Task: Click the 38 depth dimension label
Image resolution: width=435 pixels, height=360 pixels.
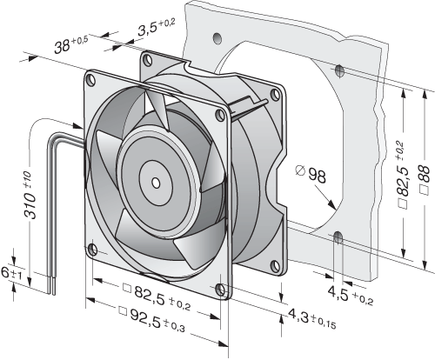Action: click(x=70, y=44)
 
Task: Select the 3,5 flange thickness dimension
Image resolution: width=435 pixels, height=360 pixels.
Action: click(x=156, y=27)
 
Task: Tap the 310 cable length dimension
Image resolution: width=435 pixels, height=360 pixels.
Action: click(x=30, y=196)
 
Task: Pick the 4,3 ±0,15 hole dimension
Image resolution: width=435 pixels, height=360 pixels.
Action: click(x=311, y=318)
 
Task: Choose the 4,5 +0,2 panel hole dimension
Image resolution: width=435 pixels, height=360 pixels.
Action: click(x=350, y=295)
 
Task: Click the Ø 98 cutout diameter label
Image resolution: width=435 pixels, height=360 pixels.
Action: click(x=311, y=174)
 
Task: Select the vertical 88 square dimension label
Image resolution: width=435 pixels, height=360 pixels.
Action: click(x=425, y=180)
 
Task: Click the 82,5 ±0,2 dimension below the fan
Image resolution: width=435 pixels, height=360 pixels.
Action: click(x=157, y=297)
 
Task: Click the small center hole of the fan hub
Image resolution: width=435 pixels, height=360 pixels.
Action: click(x=156, y=183)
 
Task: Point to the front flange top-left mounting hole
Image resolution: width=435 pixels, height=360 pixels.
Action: click(x=91, y=80)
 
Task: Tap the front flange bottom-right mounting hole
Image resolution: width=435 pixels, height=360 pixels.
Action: click(x=221, y=290)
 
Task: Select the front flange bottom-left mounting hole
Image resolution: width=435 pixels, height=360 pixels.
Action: click(x=92, y=250)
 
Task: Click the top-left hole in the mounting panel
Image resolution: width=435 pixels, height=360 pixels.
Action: click(x=217, y=37)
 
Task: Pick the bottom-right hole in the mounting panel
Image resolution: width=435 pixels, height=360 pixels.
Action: click(x=338, y=238)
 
